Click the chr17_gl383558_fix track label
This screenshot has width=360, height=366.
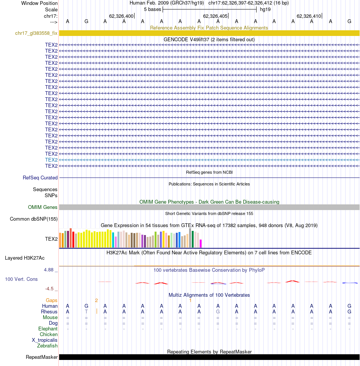(36, 33)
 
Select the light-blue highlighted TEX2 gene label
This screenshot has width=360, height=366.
(51, 160)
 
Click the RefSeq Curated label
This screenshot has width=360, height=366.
(40, 178)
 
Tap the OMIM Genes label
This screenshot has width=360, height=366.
(42, 207)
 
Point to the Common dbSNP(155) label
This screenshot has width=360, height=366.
(34, 219)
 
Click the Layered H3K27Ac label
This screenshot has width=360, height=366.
(25, 258)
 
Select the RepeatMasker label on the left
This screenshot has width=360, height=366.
(42, 357)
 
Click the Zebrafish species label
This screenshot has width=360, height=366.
(47, 346)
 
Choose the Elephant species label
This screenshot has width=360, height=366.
(48, 329)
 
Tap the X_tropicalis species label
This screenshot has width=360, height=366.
(45, 340)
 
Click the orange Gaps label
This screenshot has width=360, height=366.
(52, 301)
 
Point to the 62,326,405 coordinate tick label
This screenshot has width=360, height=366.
(215, 16)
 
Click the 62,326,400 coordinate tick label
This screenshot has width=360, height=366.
(121, 16)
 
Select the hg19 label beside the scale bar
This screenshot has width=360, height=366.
(265, 9)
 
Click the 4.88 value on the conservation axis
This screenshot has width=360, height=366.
(49, 270)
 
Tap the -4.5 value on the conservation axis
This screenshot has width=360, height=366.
(49, 289)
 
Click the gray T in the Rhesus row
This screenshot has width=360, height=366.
(86, 311)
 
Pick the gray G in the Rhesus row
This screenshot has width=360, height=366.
(218, 311)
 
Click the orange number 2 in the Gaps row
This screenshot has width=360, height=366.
(96, 301)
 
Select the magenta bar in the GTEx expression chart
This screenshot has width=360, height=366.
(200, 243)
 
